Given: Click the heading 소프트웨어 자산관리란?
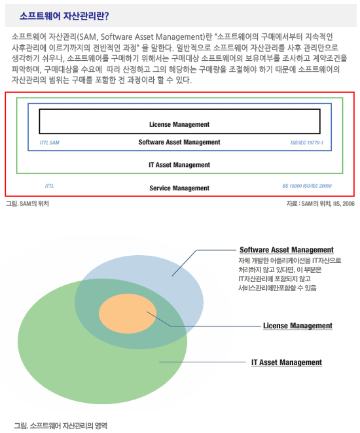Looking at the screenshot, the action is (x=64, y=16).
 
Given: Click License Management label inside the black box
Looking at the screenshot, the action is (x=179, y=124).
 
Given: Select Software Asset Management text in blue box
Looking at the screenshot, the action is (x=179, y=142).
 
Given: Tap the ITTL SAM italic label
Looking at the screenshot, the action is (x=50, y=143).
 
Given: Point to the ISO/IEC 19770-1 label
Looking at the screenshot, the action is (x=307, y=143).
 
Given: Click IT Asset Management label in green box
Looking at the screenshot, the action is (x=179, y=165).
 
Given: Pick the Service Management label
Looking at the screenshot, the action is (x=179, y=188).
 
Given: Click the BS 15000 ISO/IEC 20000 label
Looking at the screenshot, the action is (x=307, y=186).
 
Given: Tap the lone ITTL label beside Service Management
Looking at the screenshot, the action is (x=50, y=186).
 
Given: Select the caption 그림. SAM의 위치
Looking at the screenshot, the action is (x=27, y=204).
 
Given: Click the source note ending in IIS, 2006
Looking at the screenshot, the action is (x=321, y=204).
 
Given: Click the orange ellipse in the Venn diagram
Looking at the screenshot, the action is (x=128, y=313).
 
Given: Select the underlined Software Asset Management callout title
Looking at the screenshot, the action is (x=287, y=250).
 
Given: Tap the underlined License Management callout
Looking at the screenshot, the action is (x=298, y=326).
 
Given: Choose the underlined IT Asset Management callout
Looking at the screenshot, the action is (x=287, y=362).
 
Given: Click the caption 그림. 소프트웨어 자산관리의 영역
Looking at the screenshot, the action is (x=60, y=426).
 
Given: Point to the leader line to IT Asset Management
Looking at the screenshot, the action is (x=202, y=362).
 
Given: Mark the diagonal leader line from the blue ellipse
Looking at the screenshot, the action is (x=184, y=263).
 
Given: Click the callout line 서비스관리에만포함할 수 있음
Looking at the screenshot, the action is (x=278, y=288).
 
